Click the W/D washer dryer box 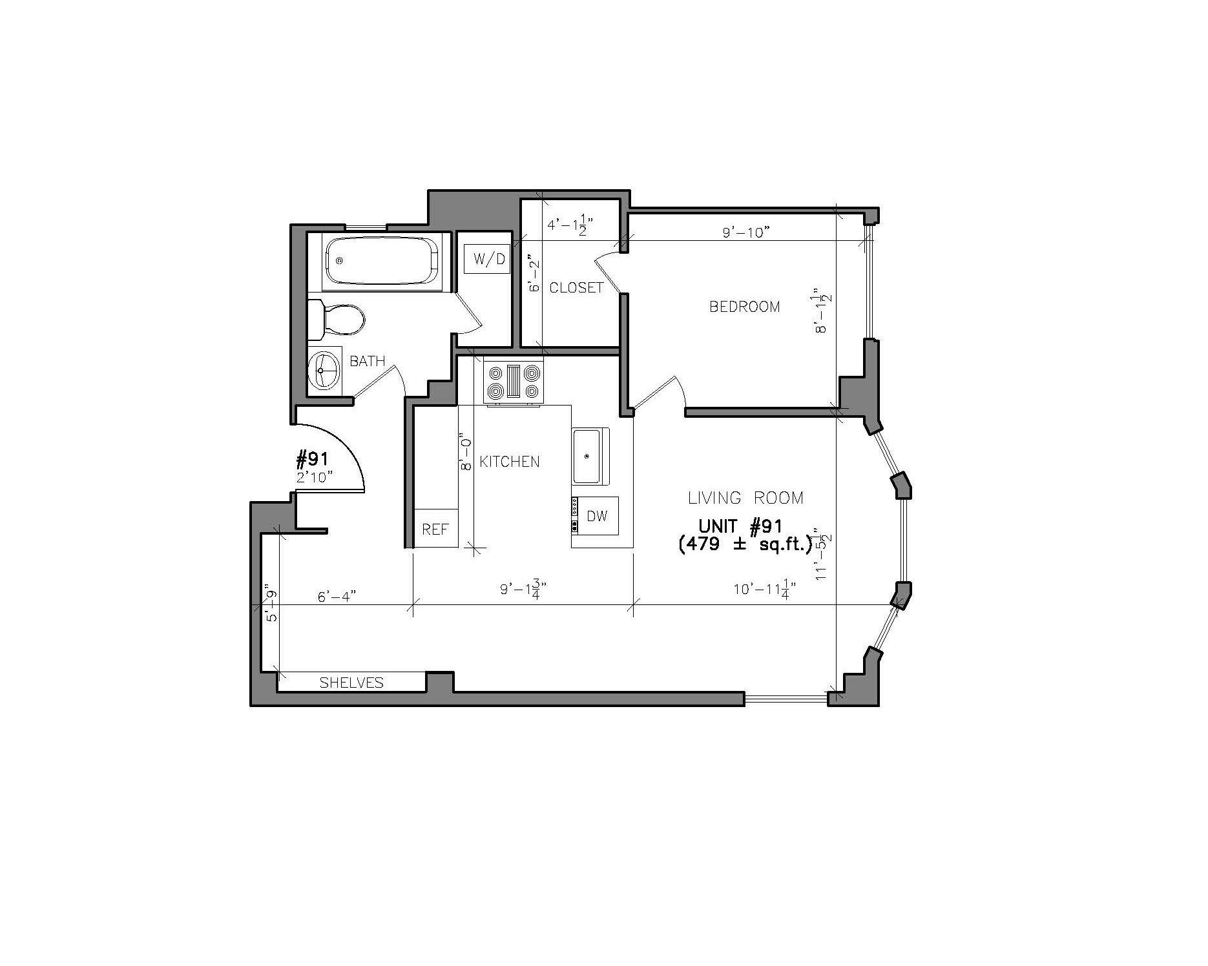(x=488, y=260)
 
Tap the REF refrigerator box (x=435, y=529)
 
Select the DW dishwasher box (x=597, y=516)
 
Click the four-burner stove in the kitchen (x=514, y=382)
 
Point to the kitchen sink (x=590, y=457)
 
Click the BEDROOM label (x=744, y=307)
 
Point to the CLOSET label (x=576, y=287)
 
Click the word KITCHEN (x=509, y=462)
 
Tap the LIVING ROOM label (x=745, y=498)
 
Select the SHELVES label (x=351, y=683)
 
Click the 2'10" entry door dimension (x=314, y=477)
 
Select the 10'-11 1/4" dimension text (x=764, y=590)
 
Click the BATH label (x=367, y=361)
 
